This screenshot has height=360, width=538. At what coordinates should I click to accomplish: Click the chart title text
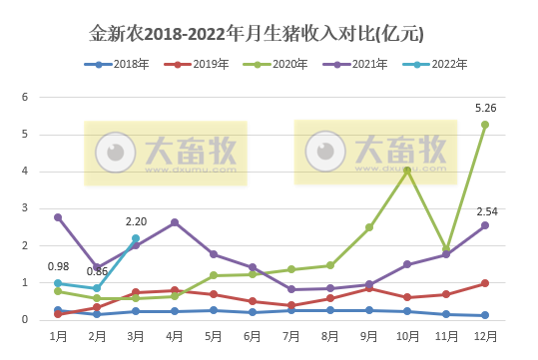tap(258, 35)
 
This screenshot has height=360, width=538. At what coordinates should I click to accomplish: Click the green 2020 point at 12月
tap(484, 125)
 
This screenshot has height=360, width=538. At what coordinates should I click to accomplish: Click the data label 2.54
tap(486, 210)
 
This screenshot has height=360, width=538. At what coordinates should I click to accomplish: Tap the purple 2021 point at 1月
tap(58, 217)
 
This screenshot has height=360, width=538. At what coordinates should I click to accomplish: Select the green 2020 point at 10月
tap(406, 171)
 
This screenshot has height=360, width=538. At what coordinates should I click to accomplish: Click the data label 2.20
tap(136, 221)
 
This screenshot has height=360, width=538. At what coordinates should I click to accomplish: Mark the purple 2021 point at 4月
tap(175, 222)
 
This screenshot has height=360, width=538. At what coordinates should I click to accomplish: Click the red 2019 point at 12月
tap(484, 283)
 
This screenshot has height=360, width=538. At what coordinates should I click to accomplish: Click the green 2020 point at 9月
tap(368, 227)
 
